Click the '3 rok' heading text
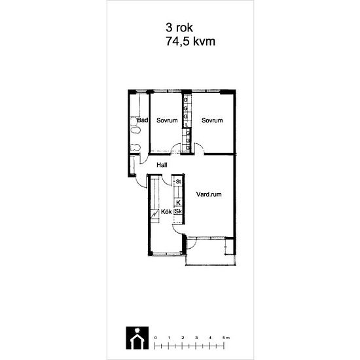point(179,27)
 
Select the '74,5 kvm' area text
point(190,41)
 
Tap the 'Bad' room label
point(143,120)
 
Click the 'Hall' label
point(162,165)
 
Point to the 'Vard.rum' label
point(209,194)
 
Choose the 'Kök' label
point(166,211)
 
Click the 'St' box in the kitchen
point(179,181)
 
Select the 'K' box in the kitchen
point(179,203)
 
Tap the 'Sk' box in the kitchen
point(179,211)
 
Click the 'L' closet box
point(187,125)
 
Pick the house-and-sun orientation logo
point(137,338)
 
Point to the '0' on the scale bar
point(156,338)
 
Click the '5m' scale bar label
point(226,338)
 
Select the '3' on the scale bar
point(196,338)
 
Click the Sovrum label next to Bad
point(167,120)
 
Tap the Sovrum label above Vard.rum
point(212,120)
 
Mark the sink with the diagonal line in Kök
point(154,215)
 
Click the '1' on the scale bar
point(170,338)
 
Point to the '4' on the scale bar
point(210,338)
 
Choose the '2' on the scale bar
point(183,338)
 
